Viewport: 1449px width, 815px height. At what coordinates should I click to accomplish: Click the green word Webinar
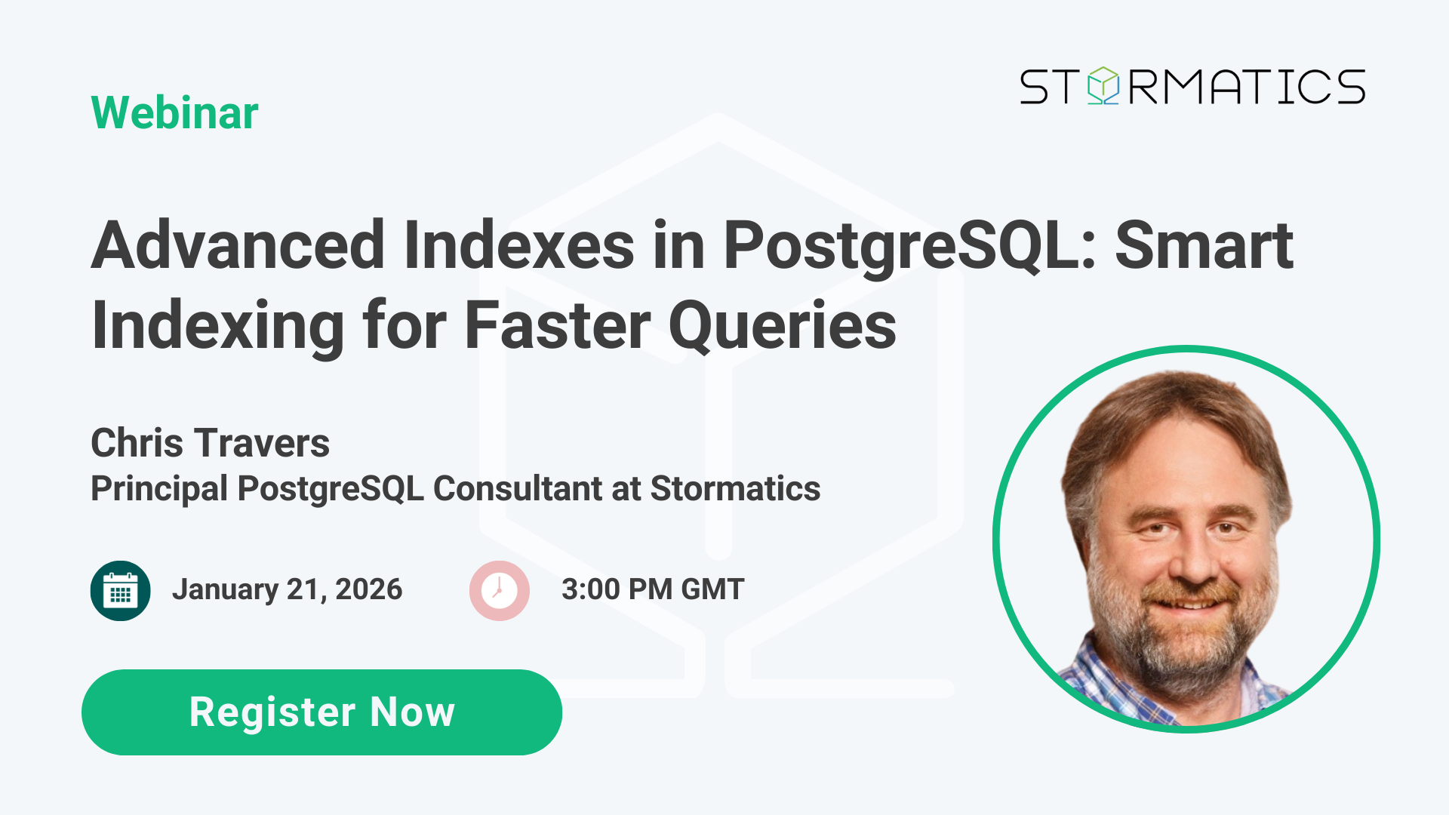pos(174,113)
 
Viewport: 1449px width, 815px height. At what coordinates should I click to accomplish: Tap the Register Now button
pos(321,712)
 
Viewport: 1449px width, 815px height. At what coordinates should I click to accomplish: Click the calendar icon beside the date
pos(120,591)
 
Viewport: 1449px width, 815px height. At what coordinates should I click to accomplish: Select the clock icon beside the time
pos(499,591)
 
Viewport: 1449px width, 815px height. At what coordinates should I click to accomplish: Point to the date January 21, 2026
pos(287,589)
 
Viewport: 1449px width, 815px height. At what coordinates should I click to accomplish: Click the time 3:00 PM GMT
pos(653,589)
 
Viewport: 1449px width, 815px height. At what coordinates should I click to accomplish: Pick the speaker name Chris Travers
pos(210,443)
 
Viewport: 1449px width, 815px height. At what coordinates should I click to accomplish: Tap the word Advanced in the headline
pos(238,245)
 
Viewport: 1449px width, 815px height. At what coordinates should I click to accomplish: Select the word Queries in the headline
pos(783,326)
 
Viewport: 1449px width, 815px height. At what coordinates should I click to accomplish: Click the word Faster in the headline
pos(557,326)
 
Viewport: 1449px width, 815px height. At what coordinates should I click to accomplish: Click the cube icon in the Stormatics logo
pos(1103,85)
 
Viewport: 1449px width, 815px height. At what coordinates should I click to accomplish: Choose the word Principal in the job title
pos(159,489)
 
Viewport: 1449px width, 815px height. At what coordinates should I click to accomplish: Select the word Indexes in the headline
pos(518,245)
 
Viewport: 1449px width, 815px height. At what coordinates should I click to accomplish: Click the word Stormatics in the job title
pos(735,489)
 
